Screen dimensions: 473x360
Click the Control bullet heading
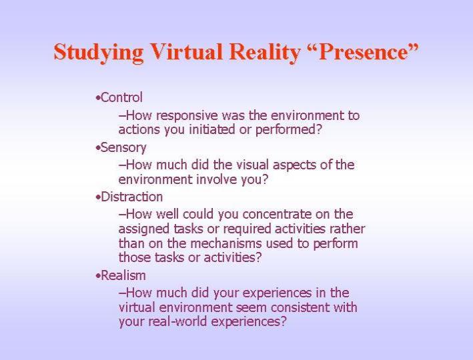tap(121, 98)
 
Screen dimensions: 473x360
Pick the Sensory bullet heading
tap(123, 148)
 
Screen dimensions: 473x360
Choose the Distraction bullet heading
tap(132, 197)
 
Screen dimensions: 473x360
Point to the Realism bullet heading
tap(123, 275)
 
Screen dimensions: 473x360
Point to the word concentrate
tap(277, 215)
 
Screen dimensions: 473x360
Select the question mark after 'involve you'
tap(265, 180)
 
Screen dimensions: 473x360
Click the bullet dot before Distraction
tap(98, 197)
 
